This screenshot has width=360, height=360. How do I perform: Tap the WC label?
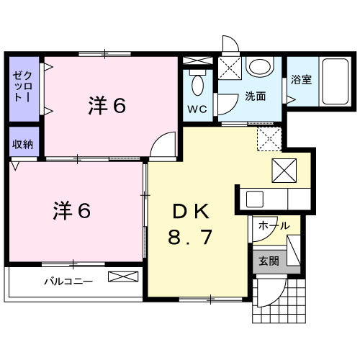point(197,109)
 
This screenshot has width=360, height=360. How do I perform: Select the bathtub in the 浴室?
point(335,81)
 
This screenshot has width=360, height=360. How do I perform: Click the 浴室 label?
point(301,80)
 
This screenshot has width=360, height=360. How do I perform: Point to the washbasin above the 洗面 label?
point(261,66)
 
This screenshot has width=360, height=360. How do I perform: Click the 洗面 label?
point(256,96)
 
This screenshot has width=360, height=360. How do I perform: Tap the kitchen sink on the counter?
point(255,199)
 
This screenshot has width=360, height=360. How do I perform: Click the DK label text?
point(191,211)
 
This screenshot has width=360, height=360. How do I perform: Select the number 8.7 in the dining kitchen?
point(190,237)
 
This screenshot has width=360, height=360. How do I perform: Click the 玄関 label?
point(269,261)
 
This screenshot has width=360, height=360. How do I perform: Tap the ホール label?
point(274,225)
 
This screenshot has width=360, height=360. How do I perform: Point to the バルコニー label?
point(68,281)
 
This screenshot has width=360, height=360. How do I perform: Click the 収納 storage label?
point(22,144)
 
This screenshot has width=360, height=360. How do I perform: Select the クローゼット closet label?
point(22,86)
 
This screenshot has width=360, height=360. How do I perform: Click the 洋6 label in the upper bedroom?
point(107,105)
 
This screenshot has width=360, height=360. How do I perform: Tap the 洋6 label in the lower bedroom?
point(72,210)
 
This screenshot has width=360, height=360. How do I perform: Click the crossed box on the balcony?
point(123,276)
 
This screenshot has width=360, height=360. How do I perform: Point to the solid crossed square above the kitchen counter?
point(284,171)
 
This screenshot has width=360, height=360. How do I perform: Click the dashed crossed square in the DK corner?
point(269,139)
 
